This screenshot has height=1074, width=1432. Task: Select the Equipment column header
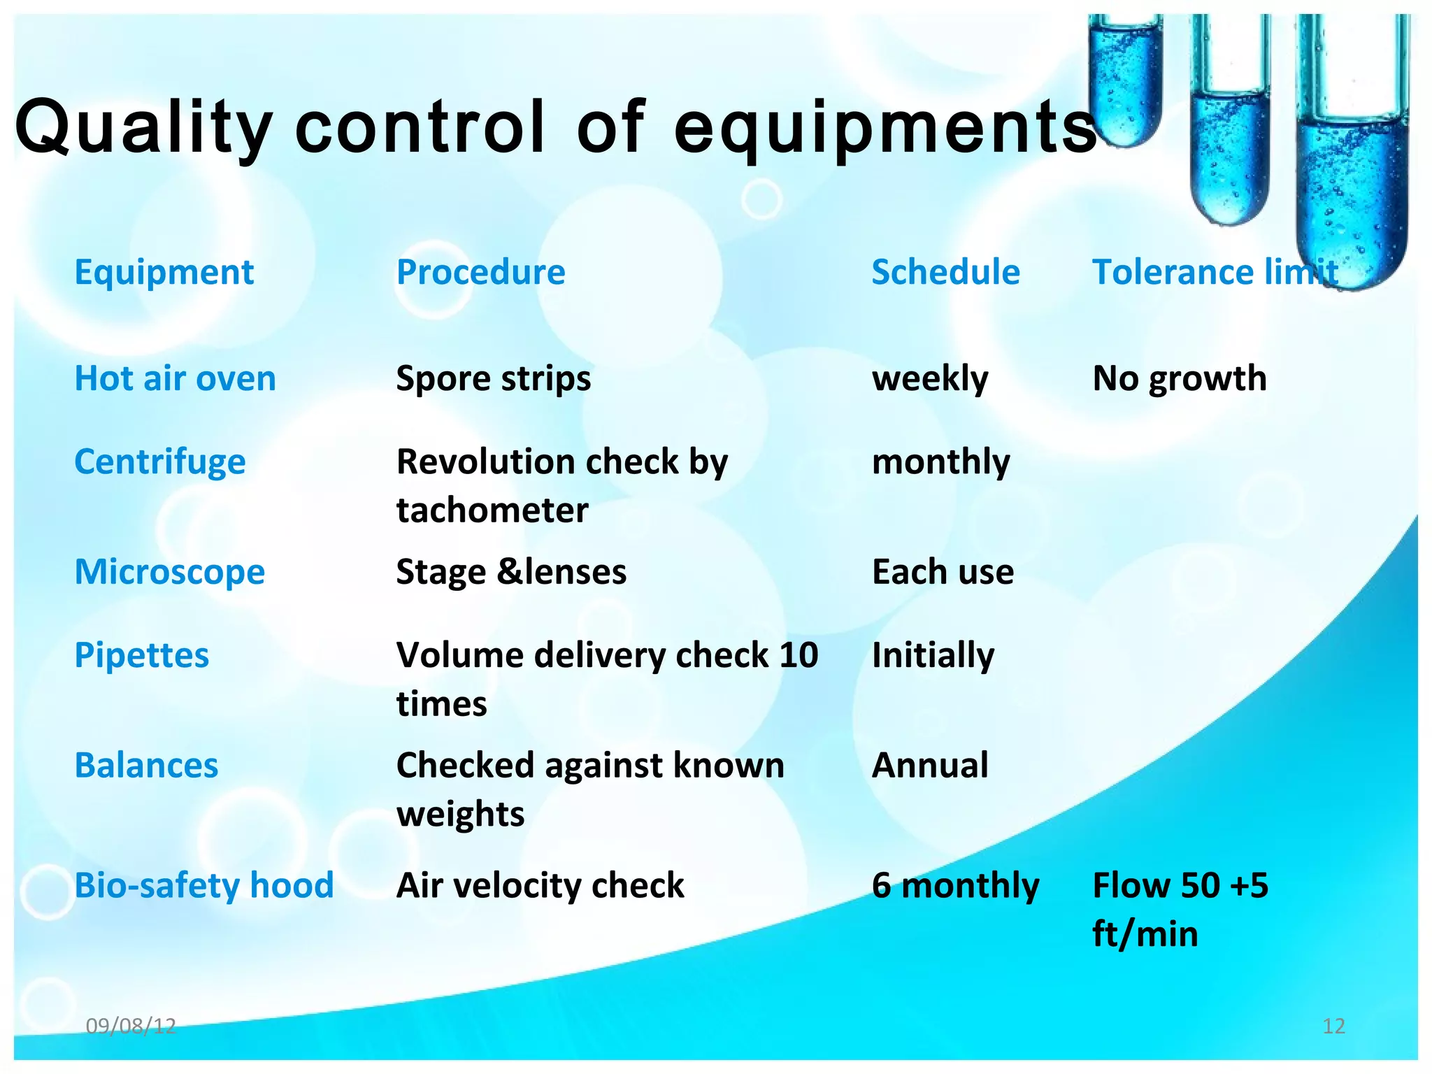coord(164,272)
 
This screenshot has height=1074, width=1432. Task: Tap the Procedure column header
coord(480,272)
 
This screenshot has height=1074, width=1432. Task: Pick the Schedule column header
coord(945,272)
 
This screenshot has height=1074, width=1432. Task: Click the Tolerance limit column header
coord(1215,272)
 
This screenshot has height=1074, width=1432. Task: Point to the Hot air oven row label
coord(175,378)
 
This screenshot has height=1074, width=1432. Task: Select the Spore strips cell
coord(493,378)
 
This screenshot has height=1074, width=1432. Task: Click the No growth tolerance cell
coord(1179,378)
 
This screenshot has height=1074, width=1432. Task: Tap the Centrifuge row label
coord(160,462)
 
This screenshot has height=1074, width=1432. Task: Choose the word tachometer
coord(492,510)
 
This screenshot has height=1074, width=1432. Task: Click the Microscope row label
coord(169,572)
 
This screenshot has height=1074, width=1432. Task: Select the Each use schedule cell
coord(943,572)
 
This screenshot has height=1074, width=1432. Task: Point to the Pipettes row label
coord(142,655)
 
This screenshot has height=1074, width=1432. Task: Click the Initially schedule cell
coord(933,655)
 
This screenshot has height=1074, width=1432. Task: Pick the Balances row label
coord(146,765)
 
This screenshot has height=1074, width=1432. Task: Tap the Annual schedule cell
coord(930,765)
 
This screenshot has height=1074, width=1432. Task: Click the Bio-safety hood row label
coord(203,885)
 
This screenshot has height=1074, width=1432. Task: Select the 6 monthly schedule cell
coord(955,885)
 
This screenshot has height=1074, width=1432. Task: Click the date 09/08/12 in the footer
coord(131,1026)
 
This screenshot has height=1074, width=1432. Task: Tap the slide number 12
coord(1333,1026)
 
